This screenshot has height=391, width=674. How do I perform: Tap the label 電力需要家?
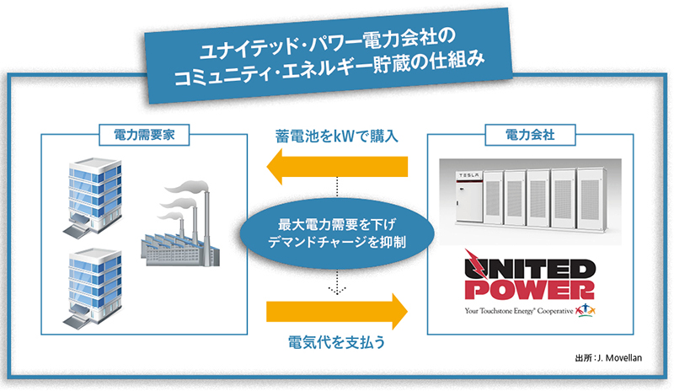pyautogui.click(x=143, y=132)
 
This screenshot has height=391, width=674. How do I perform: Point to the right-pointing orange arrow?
pyautogui.click(x=336, y=311)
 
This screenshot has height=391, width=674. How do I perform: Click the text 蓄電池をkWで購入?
pyautogui.click(x=336, y=135)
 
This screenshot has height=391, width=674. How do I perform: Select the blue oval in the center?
pyautogui.click(x=336, y=234)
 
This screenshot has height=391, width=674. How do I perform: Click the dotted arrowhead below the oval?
pyautogui.click(x=336, y=292)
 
